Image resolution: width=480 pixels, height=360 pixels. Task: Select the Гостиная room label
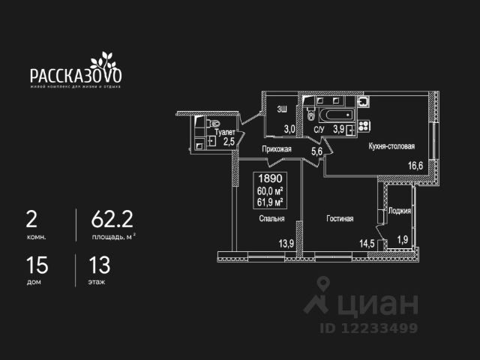coord(340,219)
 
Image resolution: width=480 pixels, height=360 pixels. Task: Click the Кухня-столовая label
coord(391,148)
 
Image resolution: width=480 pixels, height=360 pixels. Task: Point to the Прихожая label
coord(277,149)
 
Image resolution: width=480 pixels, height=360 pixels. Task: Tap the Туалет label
coord(225,131)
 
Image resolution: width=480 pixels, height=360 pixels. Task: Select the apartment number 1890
coord(269,179)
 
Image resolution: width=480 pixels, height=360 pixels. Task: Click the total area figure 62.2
coord(106,219)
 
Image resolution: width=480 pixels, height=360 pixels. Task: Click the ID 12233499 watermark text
coord(370,327)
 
